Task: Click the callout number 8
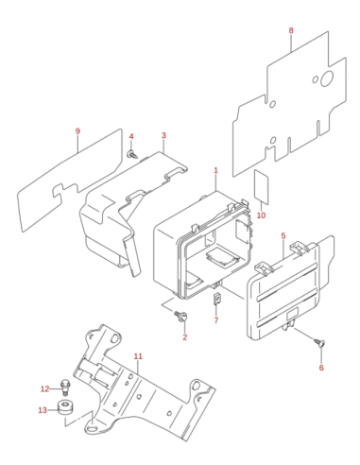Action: pyautogui.click(x=291, y=30)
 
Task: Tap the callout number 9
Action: pyautogui.click(x=77, y=131)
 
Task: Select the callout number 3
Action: pyautogui.click(x=163, y=135)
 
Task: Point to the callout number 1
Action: pyautogui.click(x=215, y=170)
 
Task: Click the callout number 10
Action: pyautogui.click(x=261, y=215)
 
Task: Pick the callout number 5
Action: pyautogui.click(x=283, y=235)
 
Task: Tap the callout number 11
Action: pyautogui.click(x=138, y=356)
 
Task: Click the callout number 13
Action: pyautogui.click(x=43, y=410)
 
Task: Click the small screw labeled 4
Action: pyautogui.click(x=132, y=154)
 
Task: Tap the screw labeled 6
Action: pyautogui.click(x=319, y=342)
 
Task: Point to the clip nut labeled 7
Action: pyautogui.click(x=216, y=299)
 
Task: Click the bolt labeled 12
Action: pyautogui.click(x=65, y=387)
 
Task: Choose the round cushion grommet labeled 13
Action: pyautogui.click(x=65, y=407)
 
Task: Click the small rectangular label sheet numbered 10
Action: pyautogui.click(x=262, y=186)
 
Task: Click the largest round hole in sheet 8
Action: pyautogui.click(x=327, y=78)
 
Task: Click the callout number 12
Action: pyautogui.click(x=44, y=389)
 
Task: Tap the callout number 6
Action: pyautogui.click(x=321, y=368)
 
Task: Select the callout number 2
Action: pyautogui.click(x=184, y=337)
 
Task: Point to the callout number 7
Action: pyautogui.click(x=216, y=320)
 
